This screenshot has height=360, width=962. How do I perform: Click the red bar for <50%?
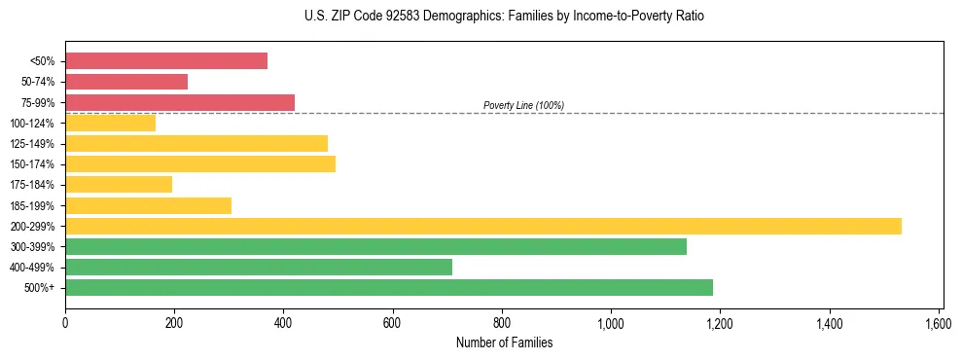tap(166, 61)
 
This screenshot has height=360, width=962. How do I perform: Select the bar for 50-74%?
tap(126, 82)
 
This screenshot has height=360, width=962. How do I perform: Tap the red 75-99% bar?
tap(180, 102)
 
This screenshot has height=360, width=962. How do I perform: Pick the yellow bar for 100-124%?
tap(111, 123)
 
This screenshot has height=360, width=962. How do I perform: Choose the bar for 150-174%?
tap(200, 163)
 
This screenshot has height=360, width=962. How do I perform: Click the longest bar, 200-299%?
tap(483, 226)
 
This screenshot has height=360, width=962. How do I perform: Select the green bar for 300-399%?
tap(375, 246)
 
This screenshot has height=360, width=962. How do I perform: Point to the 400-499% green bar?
tap(259, 267)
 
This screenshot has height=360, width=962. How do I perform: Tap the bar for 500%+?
tap(389, 287)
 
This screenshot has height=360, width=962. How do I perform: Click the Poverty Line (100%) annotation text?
tap(523, 105)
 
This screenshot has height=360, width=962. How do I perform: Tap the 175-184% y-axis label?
tap(32, 185)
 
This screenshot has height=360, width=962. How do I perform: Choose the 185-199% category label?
tap(32, 205)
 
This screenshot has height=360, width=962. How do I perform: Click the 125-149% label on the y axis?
tap(32, 144)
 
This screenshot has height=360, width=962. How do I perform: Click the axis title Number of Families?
tap(504, 342)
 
